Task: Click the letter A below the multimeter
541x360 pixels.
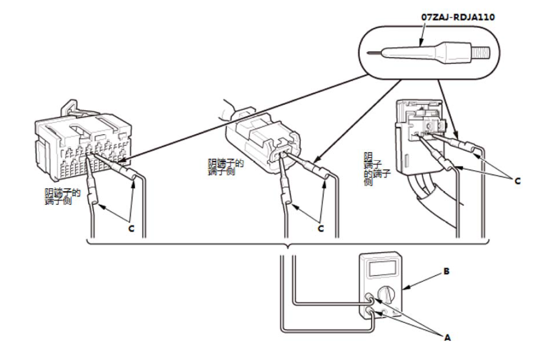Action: click(447, 338)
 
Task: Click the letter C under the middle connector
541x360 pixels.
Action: click(321, 228)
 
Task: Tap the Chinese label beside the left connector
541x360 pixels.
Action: click(62, 197)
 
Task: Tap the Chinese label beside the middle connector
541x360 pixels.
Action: click(225, 167)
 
